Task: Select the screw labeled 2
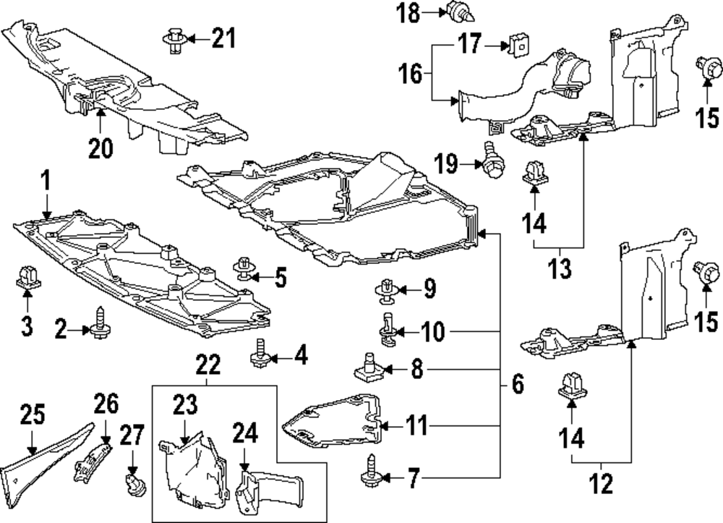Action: pyautogui.click(x=99, y=321)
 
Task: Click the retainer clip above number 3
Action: pyautogui.click(x=27, y=277)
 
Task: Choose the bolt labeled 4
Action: pyautogui.click(x=260, y=351)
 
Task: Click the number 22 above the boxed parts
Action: pyautogui.click(x=208, y=367)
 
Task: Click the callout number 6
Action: pyautogui.click(x=518, y=384)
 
